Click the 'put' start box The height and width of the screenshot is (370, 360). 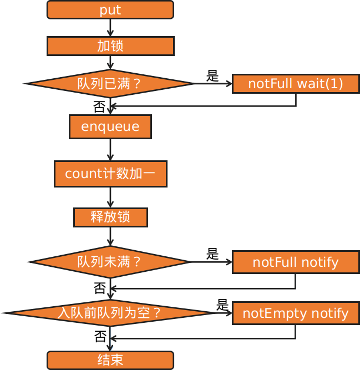point(110,10)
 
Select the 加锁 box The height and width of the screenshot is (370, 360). point(110,46)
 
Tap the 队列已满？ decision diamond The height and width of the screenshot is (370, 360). point(109,84)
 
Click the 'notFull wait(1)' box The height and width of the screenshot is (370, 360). point(296,84)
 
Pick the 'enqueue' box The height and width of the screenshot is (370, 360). point(110,127)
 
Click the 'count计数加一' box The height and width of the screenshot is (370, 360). point(110,174)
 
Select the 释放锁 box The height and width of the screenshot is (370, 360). point(110,217)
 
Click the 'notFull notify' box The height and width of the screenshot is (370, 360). point(296,262)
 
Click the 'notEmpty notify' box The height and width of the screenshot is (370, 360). point(296,313)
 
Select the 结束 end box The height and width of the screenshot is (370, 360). point(110,360)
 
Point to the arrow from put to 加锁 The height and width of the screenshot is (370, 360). point(110,28)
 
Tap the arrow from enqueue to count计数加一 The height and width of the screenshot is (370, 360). point(110,150)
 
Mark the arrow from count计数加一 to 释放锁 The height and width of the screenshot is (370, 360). point(110,197)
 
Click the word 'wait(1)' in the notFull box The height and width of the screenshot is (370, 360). point(320,84)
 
